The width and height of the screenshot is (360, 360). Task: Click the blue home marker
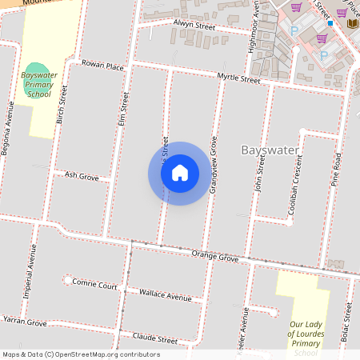click(180, 173)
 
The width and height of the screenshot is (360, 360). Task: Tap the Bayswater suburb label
click(270, 150)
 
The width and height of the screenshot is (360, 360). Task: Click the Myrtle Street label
click(238, 78)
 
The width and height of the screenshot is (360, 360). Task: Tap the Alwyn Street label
click(194, 26)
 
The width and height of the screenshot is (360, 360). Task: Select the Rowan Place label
click(103, 66)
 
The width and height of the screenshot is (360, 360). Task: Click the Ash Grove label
click(81, 175)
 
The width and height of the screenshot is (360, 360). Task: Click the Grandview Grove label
click(214, 168)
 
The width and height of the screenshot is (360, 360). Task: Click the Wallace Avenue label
click(166, 297)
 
